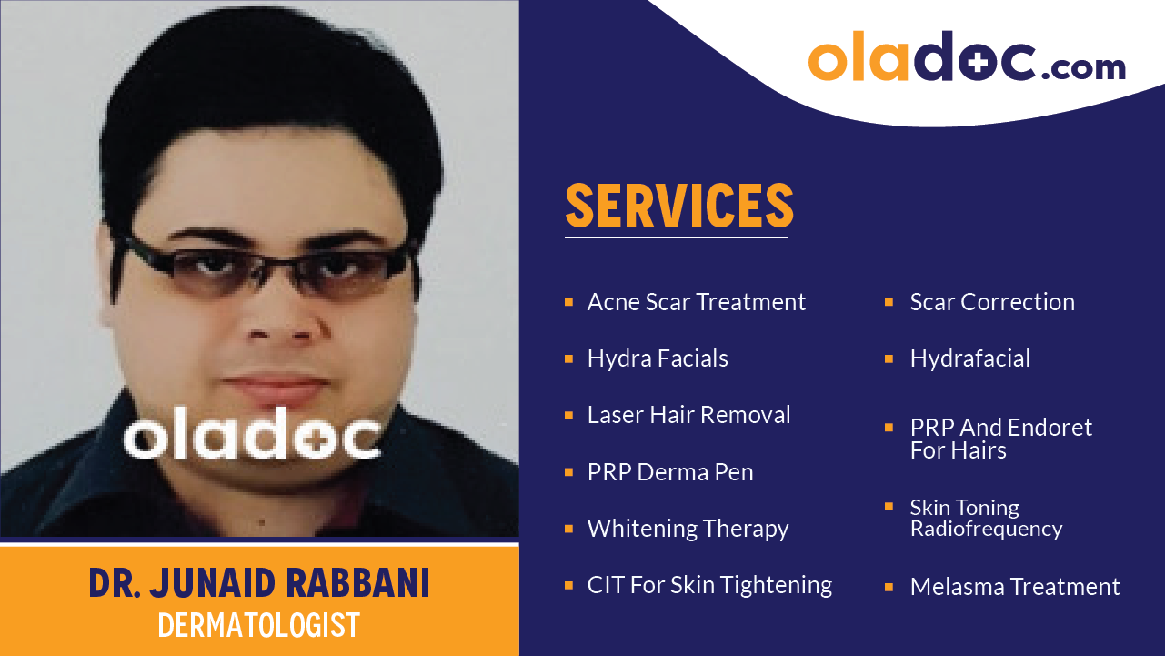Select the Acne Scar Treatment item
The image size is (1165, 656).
[697, 302]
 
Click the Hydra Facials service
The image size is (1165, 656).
[658, 358]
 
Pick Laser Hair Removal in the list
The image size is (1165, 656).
[688, 415]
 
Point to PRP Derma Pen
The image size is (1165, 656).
[670, 472]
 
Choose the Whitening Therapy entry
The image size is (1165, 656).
[688, 529]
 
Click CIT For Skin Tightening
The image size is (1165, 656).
[709, 585]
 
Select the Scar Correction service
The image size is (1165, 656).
[992, 302]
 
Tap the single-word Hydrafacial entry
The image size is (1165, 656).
[969, 358]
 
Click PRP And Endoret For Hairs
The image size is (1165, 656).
[1000, 439]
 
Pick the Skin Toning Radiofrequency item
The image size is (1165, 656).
[986, 518]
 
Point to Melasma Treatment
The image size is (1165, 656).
[1015, 587]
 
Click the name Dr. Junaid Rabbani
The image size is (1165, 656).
[259, 583]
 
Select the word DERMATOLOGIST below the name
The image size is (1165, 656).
[259, 625]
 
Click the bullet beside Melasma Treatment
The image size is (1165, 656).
[889, 587]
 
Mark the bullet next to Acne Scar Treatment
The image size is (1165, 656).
[568, 301]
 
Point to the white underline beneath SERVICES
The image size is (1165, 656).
[676, 237]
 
